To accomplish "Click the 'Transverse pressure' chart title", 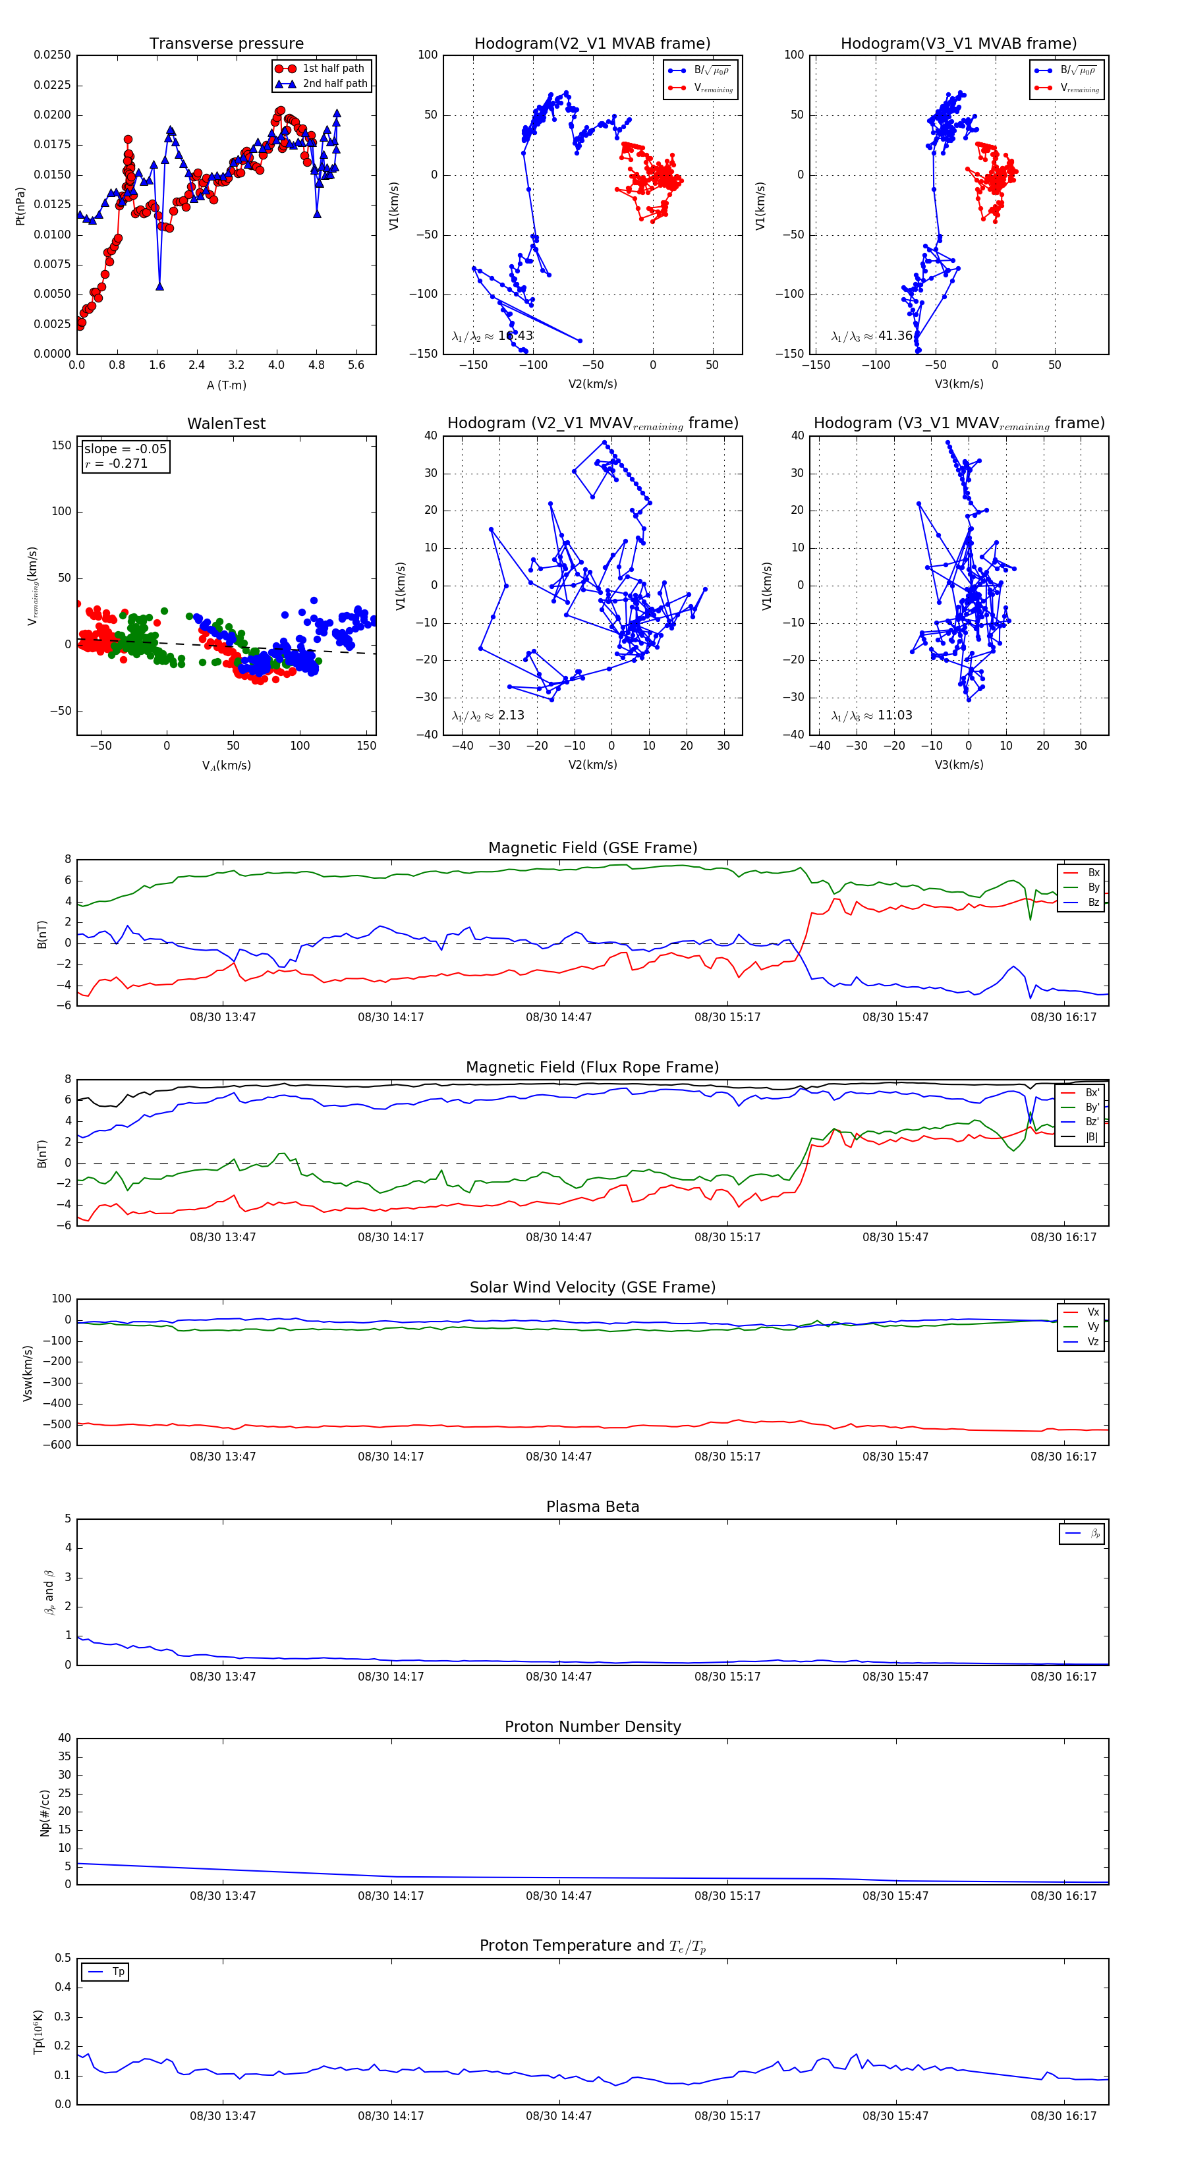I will pyautogui.click(x=226, y=44).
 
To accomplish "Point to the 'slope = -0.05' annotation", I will pyautogui.click(x=125, y=449).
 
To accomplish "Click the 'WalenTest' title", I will pyautogui.click(x=226, y=424).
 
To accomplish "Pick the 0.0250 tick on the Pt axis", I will pyautogui.click(x=52, y=55).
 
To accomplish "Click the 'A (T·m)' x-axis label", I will pyautogui.click(x=226, y=385).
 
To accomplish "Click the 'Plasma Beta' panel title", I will pyautogui.click(x=592, y=1507).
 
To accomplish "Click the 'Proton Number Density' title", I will pyautogui.click(x=592, y=1727).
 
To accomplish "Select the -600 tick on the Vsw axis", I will pyautogui.click(x=57, y=1445).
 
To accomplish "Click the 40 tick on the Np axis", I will pyautogui.click(x=64, y=1738).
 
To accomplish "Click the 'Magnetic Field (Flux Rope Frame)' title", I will pyautogui.click(x=592, y=1068).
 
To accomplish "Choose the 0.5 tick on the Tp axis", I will pyautogui.click(x=63, y=1958).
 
